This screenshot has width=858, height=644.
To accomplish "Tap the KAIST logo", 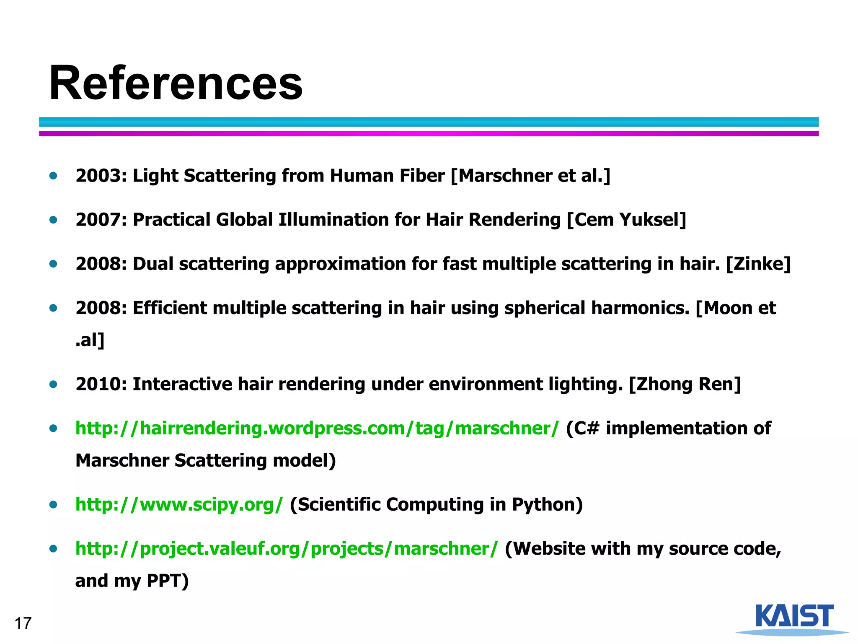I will (794, 618).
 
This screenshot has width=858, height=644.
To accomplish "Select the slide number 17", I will (23, 623).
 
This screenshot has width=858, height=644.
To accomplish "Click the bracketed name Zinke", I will (758, 264).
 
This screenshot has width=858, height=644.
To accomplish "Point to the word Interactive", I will (182, 384).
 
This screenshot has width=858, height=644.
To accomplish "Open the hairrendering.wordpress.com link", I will (317, 428).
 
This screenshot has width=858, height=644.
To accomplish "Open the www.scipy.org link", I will (179, 504).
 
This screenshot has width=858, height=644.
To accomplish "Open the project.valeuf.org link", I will (287, 549).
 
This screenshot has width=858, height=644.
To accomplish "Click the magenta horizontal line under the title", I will (428, 134).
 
